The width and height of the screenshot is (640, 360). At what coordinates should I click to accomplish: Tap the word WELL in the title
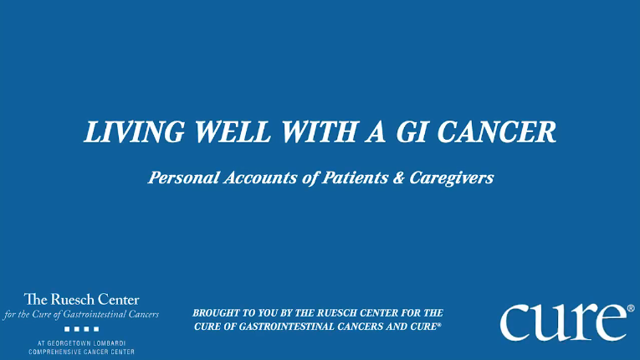click(233, 132)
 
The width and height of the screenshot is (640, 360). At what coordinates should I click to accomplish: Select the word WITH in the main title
click(320, 132)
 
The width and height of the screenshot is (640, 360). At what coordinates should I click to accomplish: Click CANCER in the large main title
click(497, 132)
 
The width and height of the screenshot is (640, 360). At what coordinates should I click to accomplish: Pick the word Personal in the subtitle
click(184, 177)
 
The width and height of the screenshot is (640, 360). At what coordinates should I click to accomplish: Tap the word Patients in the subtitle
click(355, 177)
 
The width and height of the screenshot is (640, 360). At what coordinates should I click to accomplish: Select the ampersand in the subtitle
click(399, 178)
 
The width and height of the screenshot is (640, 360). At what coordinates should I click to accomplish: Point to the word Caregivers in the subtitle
click(452, 178)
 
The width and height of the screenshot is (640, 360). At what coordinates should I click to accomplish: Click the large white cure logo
click(563, 322)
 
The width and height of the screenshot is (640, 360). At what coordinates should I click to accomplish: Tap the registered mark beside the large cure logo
click(631, 308)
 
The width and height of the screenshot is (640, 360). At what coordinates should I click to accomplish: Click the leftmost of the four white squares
click(67, 329)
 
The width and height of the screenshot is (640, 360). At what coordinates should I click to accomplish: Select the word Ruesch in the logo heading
click(73, 300)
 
